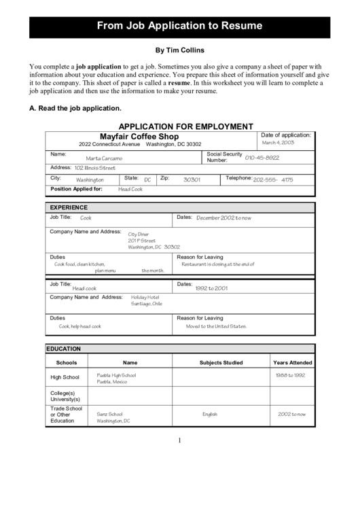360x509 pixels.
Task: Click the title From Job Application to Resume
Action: pyautogui.click(x=179, y=27)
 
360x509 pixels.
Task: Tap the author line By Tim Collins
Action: pyautogui.click(x=179, y=50)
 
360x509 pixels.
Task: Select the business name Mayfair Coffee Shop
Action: pyautogui.click(x=139, y=136)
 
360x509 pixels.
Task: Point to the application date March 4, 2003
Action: pyautogui.click(x=278, y=143)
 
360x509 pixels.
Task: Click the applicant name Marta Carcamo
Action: pyautogui.click(x=104, y=158)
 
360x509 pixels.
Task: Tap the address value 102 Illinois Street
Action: pyautogui.click(x=94, y=168)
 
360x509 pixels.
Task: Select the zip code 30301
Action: pyautogui.click(x=192, y=180)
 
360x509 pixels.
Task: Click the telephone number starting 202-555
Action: pyautogui.click(x=273, y=180)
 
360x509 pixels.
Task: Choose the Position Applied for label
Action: pyautogui.click(x=76, y=189)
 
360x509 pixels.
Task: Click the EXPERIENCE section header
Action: pyautogui.click(x=68, y=207)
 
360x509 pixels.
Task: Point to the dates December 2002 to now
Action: pyautogui.click(x=223, y=218)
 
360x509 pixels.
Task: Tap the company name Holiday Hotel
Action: pyautogui.click(x=145, y=297)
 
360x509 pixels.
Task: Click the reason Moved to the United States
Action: pyautogui.click(x=216, y=326)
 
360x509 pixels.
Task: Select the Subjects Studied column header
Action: pyautogui.click(x=221, y=362)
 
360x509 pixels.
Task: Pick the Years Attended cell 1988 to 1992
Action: pyautogui.click(x=290, y=375)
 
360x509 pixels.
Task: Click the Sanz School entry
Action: pyautogui.click(x=109, y=414)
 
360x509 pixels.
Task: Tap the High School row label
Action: pyautogui.click(x=65, y=377)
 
